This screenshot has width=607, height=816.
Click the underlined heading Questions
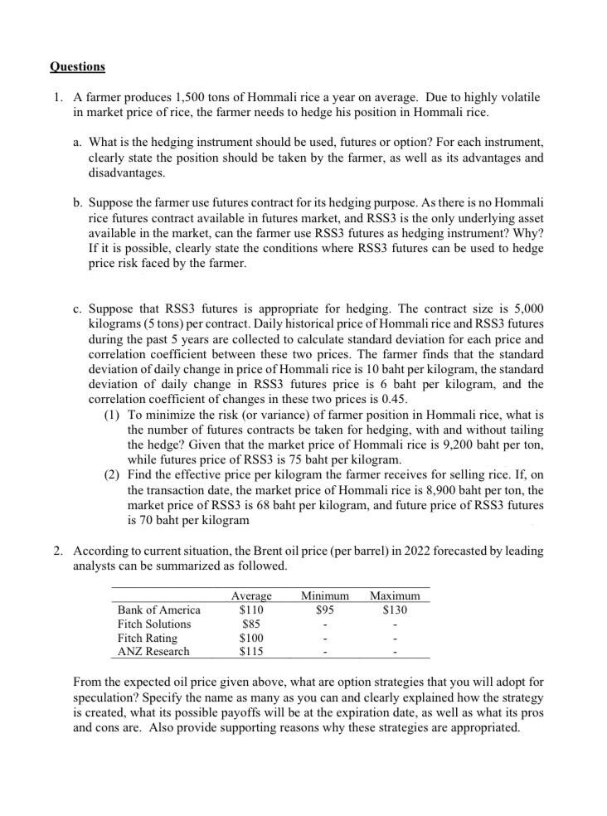tap(77, 66)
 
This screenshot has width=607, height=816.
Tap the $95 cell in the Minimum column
tap(324, 610)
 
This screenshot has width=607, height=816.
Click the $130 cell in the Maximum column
tap(395, 610)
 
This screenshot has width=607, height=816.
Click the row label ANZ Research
tap(153, 652)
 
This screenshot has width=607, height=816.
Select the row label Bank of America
tap(158, 610)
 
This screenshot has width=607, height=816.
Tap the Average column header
tap(251, 595)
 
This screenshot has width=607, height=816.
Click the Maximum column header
tap(395, 595)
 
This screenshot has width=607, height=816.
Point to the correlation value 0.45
tap(391, 399)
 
